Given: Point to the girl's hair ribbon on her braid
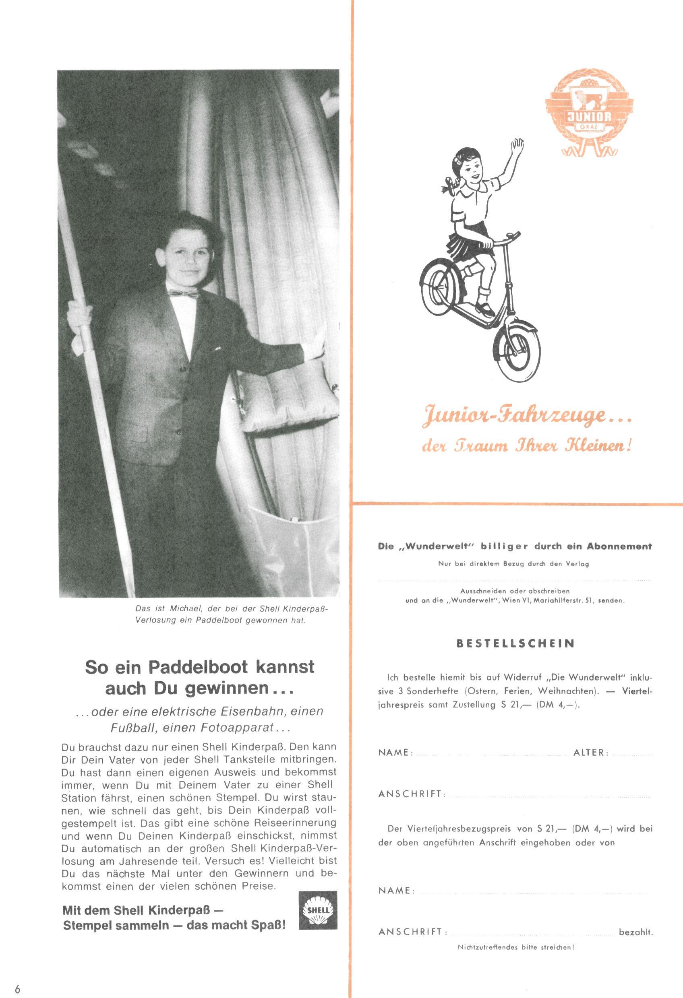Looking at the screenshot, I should click(x=447, y=186).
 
